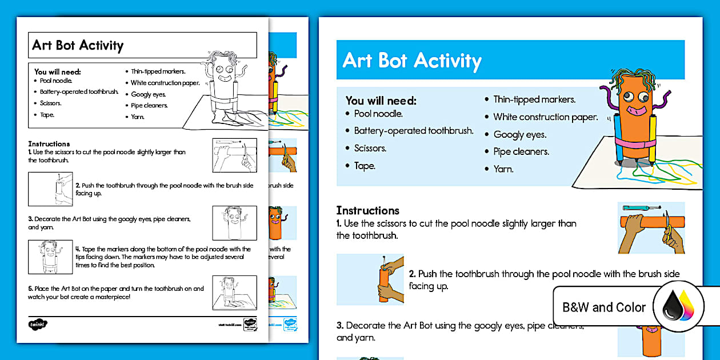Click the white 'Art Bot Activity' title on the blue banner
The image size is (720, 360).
pyautogui.click(x=412, y=61)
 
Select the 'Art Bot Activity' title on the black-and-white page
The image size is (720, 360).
pyautogui.click(x=78, y=46)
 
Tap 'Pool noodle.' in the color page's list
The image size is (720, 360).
pyautogui.click(x=378, y=114)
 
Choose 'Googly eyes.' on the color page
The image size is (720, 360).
pyautogui.click(x=519, y=134)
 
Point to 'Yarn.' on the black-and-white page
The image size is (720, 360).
pyautogui.click(x=138, y=117)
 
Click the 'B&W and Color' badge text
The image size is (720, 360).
pyautogui.click(x=603, y=307)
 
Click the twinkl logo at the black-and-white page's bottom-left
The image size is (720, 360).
pyautogui.click(x=37, y=324)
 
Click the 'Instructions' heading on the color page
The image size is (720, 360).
pyautogui.click(x=367, y=210)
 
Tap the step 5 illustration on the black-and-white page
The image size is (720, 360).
pyautogui.click(x=234, y=293)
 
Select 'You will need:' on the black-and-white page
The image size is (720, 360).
pyautogui.click(x=57, y=71)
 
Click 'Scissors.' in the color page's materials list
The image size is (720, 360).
pyautogui.click(x=370, y=148)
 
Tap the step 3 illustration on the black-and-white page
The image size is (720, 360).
pyautogui.click(x=234, y=223)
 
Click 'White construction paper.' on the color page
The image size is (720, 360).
pyautogui.click(x=545, y=117)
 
